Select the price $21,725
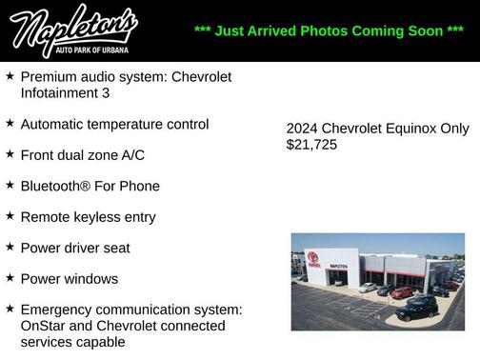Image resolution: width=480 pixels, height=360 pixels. click(311, 145)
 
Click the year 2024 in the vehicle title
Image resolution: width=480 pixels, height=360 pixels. click(302, 129)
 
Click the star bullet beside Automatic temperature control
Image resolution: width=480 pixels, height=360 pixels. click(10, 124)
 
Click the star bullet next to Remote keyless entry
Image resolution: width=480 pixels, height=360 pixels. click(10, 217)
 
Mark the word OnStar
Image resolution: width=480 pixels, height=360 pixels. click(44, 326)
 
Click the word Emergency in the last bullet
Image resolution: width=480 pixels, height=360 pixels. click(60, 310)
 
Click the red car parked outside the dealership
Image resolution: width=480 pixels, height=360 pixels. click(402, 292)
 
